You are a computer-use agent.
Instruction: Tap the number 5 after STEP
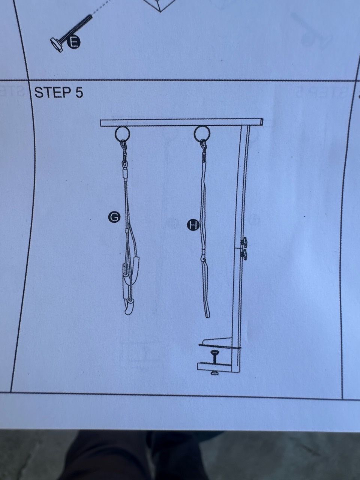pyautogui.click(x=79, y=92)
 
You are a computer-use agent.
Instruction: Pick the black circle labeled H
pyautogui.click(x=193, y=225)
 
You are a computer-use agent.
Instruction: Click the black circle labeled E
pyautogui.click(x=74, y=42)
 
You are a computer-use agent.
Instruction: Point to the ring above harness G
pyautogui.click(x=122, y=134)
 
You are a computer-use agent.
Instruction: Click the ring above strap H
pyautogui.click(x=202, y=134)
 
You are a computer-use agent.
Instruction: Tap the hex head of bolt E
pyautogui.click(x=56, y=45)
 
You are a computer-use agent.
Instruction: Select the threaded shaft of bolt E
pyautogui.click(x=76, y=28)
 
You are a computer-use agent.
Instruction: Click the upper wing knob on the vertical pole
pyautogui.click(x=244, y=241)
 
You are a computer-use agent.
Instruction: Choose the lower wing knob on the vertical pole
pyautogui.click(x=244, y=254)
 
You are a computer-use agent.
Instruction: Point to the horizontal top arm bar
pyautogui.click(x=181, y=123)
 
